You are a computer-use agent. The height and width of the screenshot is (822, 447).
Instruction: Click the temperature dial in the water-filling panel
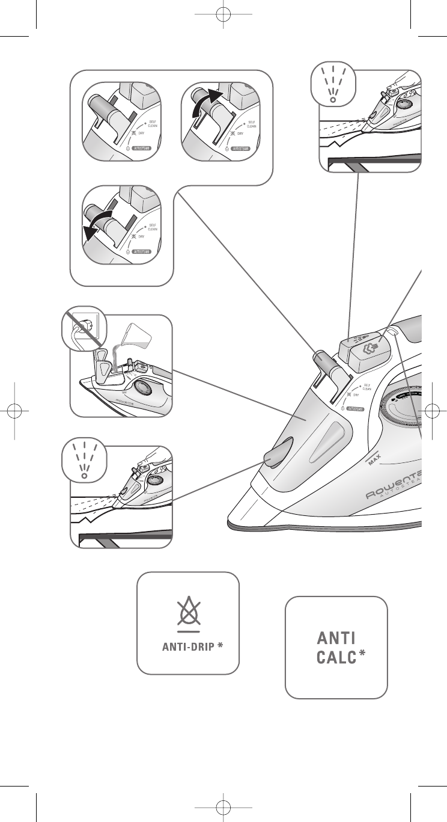144,386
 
